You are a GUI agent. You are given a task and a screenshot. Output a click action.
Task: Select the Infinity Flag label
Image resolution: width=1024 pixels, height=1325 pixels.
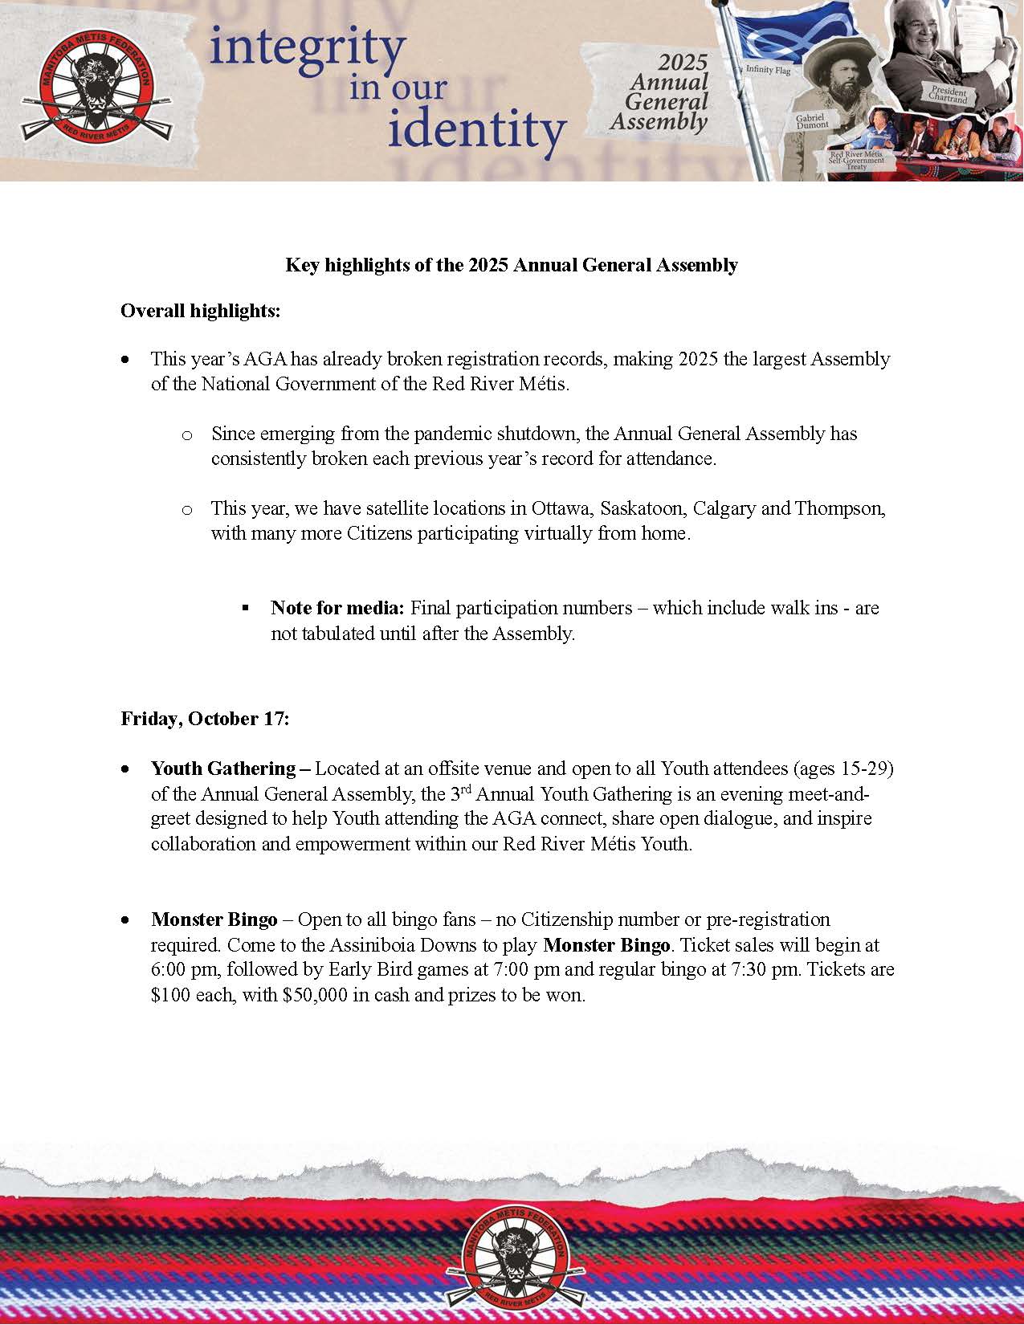point(768,71)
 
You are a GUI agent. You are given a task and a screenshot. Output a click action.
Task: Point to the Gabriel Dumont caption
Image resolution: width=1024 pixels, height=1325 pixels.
point(812,121)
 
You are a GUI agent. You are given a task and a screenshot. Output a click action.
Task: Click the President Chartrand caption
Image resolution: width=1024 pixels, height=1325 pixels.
point(949,95)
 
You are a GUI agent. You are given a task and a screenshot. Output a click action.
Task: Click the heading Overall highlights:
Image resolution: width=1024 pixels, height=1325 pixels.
point(201,311)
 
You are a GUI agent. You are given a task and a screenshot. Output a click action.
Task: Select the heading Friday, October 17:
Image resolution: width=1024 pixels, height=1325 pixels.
point(205,719)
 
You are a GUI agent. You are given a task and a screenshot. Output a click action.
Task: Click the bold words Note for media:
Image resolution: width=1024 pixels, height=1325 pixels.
point(337,608)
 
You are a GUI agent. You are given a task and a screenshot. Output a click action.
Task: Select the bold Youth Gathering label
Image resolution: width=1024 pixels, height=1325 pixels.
point(224,768)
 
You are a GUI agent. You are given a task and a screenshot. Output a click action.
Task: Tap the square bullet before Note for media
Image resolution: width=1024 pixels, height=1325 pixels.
point(246,608)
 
